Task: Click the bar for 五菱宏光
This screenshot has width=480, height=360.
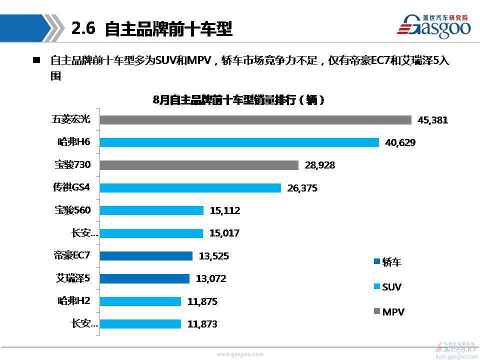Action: point(255,120)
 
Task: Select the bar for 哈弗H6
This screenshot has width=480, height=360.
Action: point(239,142)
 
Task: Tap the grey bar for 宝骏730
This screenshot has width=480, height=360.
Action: point(198,165)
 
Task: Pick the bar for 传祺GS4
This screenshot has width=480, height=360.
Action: point(190,188)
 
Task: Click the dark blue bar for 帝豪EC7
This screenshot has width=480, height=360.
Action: point(145,256)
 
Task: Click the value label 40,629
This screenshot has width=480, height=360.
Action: point(400,142)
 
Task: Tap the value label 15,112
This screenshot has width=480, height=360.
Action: point(225,210)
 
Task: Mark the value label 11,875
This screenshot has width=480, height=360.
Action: point(202,301)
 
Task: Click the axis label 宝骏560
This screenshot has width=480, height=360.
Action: point(72,210)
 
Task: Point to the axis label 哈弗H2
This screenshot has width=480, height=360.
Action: point(74,301)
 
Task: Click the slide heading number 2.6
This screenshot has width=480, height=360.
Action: point(83,28)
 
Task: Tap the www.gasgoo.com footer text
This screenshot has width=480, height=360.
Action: point(239,354)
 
